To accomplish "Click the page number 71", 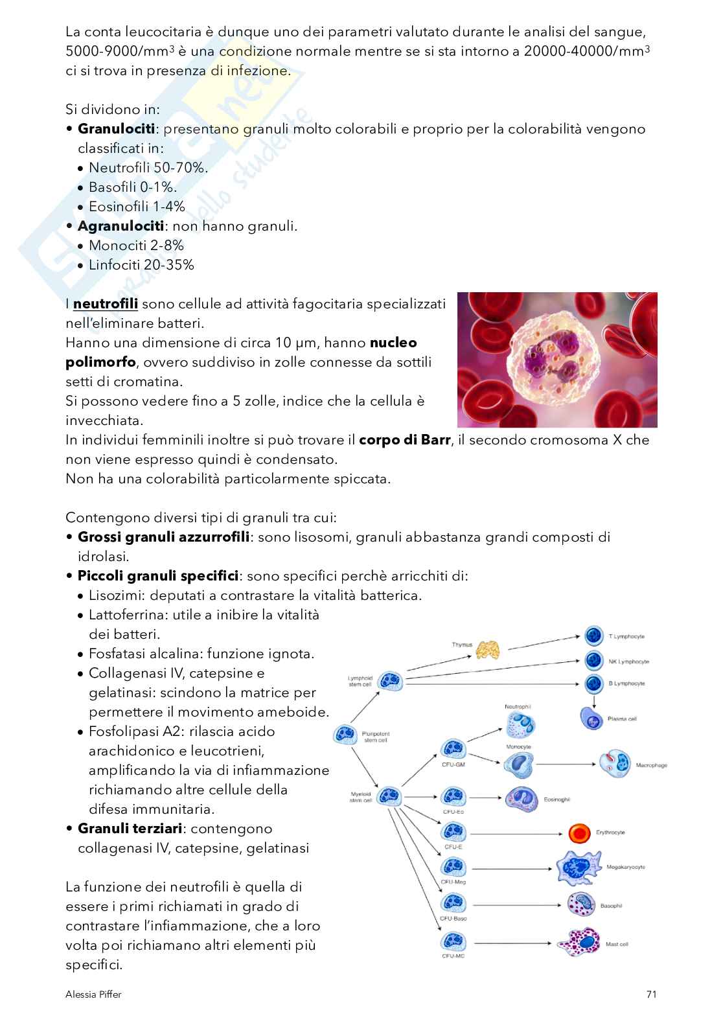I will click(x=651, y=994).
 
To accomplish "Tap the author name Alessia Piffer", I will click(x=93, y=994).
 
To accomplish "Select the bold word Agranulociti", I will click(x=120, y=226).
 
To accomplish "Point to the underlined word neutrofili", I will click(x=106, y=304).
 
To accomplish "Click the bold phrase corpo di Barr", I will click(x=404, y=440).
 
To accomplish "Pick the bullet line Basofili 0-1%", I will click(x=132, y=187).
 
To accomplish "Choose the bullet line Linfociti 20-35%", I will click(x=141, y=265).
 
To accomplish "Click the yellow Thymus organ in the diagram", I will click(x=487, y=649).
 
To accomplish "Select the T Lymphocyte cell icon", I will click(x=593, y=636).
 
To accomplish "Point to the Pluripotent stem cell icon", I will click(x=345, y=735).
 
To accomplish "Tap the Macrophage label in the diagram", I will click(x=651, y=765).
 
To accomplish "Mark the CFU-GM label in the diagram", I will click(x=453, y=764).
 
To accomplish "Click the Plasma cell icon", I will click(x=591, y=718).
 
